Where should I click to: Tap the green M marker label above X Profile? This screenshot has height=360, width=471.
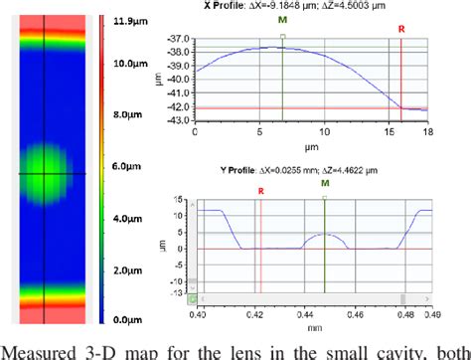284,19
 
